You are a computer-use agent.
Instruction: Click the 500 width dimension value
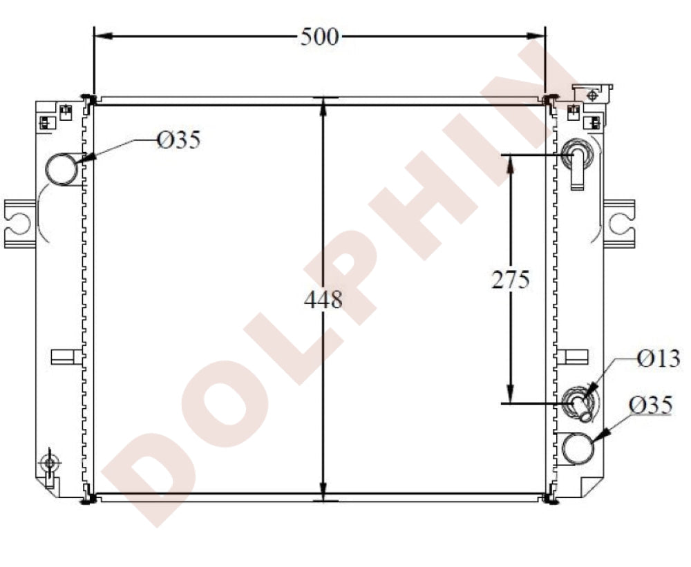click(x=319, y=36)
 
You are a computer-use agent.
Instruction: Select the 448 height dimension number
click(x=323, y=300)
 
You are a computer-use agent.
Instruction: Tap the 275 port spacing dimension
click(x=510, y=279)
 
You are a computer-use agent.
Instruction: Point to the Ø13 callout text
click(x=659, y=358)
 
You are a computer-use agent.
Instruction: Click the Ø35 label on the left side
click(x=178, y=141)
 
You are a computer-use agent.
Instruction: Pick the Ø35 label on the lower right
click(x=650, y=405)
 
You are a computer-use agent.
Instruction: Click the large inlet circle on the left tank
click(x=62, y=168)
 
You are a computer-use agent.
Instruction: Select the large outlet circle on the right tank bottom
click(x=578, y=448)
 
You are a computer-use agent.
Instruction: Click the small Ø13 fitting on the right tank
click(x=580, y=404)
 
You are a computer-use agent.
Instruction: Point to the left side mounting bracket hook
click(x=19, y=223)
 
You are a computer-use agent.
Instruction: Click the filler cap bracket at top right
click(x=593, y=93)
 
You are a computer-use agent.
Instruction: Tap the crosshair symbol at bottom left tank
click(x=49, y=462)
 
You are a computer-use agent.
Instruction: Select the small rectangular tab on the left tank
click(x=63, y=356)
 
